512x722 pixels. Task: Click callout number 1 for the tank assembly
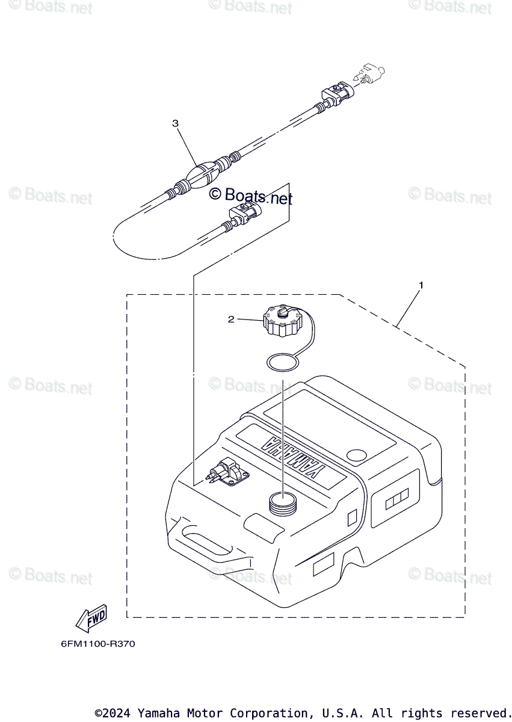pos(421,285)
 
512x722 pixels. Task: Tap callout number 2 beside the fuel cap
pos(230,319)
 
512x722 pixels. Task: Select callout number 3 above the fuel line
pos(175,123)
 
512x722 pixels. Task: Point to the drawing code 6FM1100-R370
pos(97,644)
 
